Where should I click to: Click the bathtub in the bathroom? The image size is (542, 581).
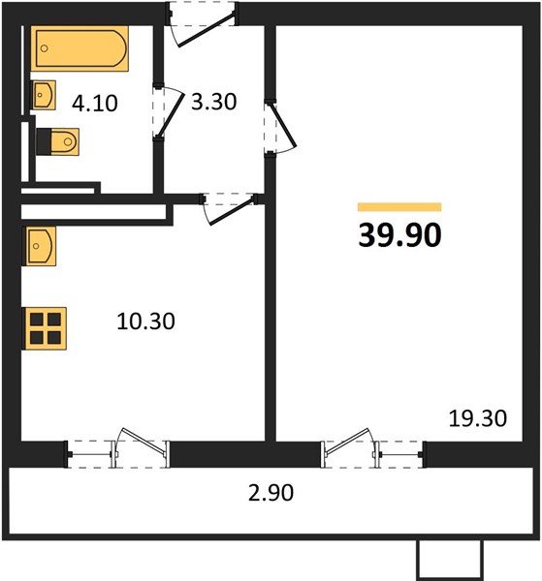(80, 48)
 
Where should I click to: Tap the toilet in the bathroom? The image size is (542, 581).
(57, 141)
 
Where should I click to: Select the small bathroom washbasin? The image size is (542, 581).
(43, 95)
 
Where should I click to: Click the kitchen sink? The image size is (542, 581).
(40, 246)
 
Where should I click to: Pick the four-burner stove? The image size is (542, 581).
(45, 328)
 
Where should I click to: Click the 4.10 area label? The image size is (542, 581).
(95, 103)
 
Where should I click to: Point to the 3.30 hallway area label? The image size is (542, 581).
(213, 102)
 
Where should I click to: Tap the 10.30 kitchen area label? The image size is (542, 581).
(145, 321)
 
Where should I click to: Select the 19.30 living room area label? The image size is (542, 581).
(478, 418)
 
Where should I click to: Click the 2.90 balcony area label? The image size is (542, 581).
(271, 493)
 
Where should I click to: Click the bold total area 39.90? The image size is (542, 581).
(399, 235)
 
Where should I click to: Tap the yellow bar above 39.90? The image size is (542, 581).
(399, 207)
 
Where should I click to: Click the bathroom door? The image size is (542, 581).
(168, 112)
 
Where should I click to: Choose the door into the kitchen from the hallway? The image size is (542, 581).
(228, 207)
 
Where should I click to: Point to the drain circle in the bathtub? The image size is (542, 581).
(45, 48)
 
